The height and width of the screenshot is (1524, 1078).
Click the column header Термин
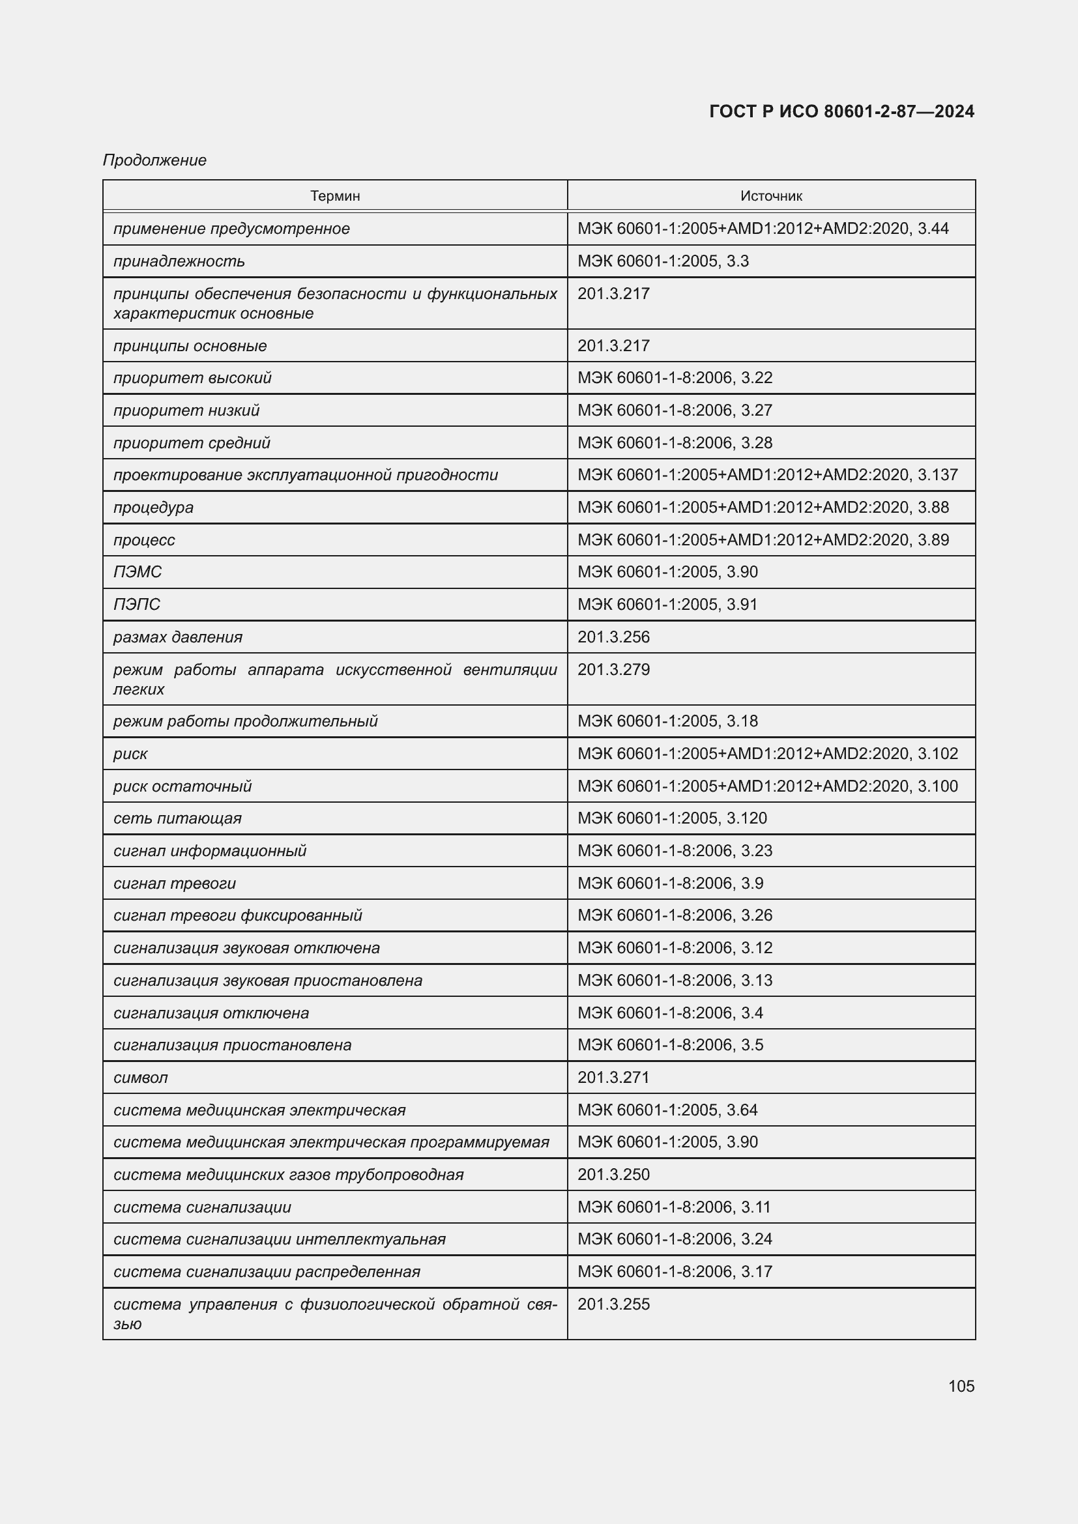tap(334, 196)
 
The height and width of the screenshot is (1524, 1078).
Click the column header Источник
tap(770, 196)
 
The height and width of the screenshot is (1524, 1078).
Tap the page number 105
tap(961, 1386)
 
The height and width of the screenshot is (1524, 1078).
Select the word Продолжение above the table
tap(154, 160)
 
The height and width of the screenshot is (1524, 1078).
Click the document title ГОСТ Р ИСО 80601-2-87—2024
tap(841, 111)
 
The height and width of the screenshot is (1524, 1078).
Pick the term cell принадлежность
tap(179, 261)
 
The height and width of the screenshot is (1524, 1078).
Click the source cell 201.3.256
tap(613, 637)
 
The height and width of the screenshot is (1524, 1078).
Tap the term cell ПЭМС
tap(138, 571)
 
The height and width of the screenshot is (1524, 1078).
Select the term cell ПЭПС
tap(137, 604)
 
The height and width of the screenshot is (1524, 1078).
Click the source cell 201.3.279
tap(613, 669)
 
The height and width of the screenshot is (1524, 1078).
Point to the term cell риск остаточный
tap(182, 786)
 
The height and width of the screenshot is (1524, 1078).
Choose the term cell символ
tap(141, 1077)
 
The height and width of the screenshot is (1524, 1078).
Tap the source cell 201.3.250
tap(613, 1174)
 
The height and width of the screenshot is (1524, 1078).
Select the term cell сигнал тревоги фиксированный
tap(238, 915)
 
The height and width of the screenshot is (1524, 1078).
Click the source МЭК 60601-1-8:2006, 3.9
tap(671, 883)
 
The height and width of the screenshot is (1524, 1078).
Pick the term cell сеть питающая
tap(177, 818)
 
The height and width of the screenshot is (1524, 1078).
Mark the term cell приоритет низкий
tap(186, 410)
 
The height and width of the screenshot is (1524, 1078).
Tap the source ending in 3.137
tap(767, 474)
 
